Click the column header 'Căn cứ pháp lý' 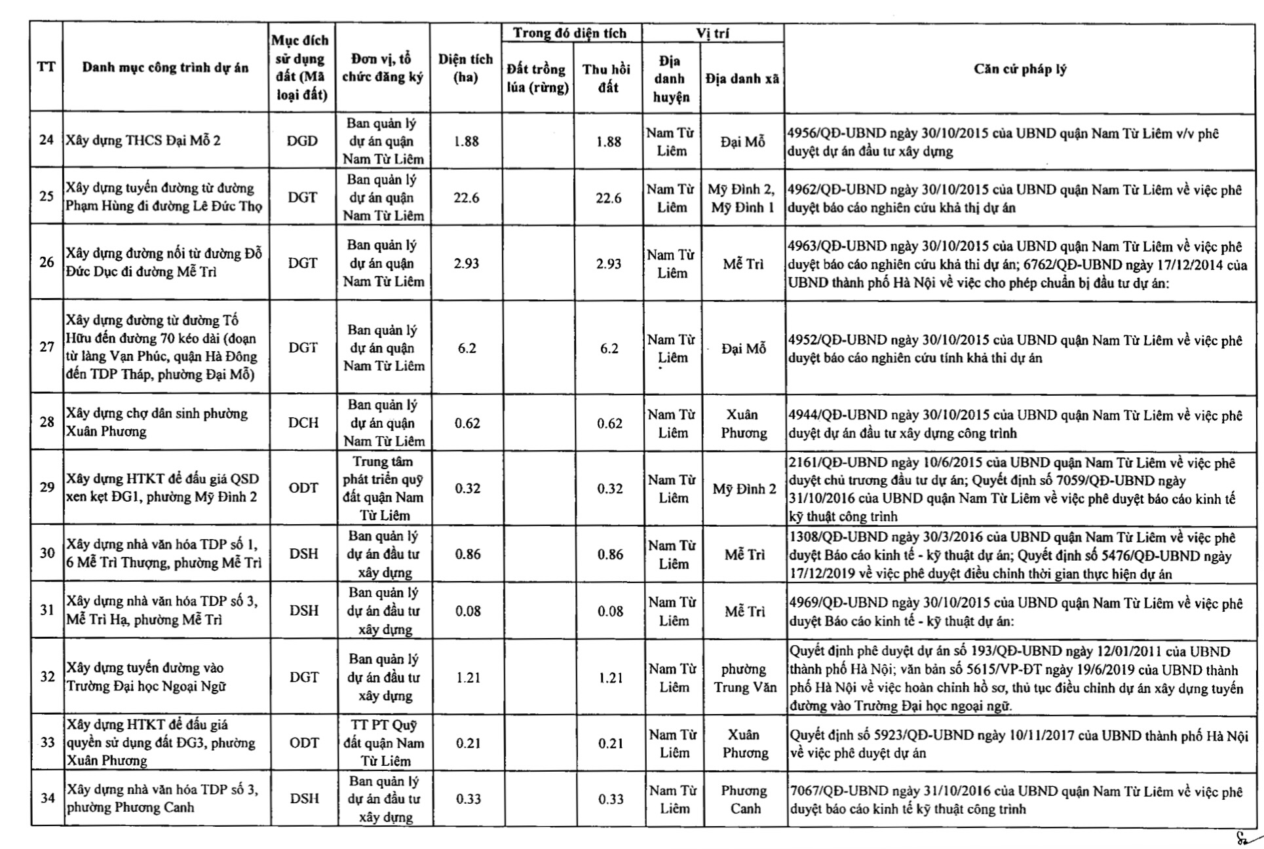[1020, 69]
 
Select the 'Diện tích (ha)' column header [465, 68]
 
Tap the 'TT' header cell [46, 67]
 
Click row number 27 [47, 347]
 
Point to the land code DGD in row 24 [302, 141]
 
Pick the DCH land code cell [303, 423]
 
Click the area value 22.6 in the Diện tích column [466, 198]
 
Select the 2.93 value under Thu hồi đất [609, 263]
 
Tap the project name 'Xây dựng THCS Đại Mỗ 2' [143, 140]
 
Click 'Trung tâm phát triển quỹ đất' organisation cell [383, 488]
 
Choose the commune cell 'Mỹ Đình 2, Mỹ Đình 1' [742, 198]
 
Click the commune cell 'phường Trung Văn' [744, 678]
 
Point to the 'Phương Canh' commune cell [744, 799]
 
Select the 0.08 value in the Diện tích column [468, 611]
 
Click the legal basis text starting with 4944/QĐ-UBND [1015, 424]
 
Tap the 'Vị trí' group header [712, 33]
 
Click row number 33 [47, 742]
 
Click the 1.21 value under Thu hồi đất [611, 678]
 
